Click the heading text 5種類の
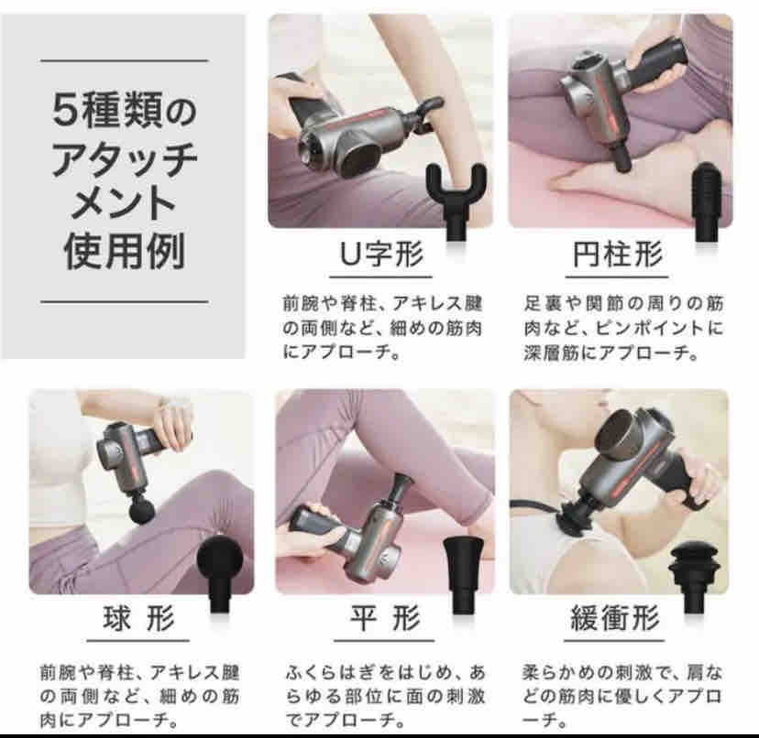(x=125, y=110)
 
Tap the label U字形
(x=381, y=255)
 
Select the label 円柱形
(x=618, y=255)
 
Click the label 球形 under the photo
(x=139, y=619)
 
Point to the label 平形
(x=385, y=619)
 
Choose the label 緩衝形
(x=616, y=619)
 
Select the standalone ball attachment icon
(x=221, y=574)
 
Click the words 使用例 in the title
(x=125, y=252)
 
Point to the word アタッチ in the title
(x=125, y=158)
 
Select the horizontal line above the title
(x=125, y=61)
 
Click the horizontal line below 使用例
(x=125, y=302)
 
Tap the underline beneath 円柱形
(x=617, y=277)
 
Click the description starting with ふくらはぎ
(x=385, y=697)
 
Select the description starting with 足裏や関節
(x=623, y=329)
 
